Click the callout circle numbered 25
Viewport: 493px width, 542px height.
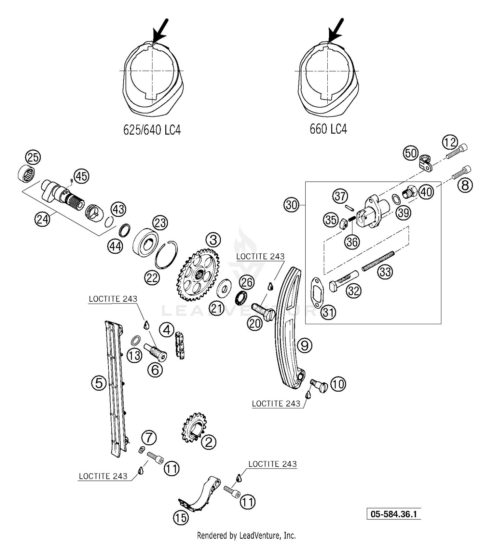click(33, 158)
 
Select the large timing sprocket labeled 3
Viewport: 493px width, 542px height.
click(198, 275)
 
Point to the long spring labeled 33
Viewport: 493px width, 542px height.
click(378, 261)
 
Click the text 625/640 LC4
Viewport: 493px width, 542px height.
click(152, 130)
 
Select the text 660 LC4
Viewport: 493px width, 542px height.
click(328, 129)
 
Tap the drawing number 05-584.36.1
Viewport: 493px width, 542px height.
click(394, 514)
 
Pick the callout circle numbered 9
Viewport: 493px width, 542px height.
click(305, 346)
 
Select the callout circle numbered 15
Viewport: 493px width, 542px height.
click(181, 518)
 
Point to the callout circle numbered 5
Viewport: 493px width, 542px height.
click(99, 383)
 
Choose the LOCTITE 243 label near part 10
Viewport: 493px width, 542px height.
click(276, 404)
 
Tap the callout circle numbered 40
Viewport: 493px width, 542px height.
click(427, 192)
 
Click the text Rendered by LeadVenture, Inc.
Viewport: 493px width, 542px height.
click(246, 535)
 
